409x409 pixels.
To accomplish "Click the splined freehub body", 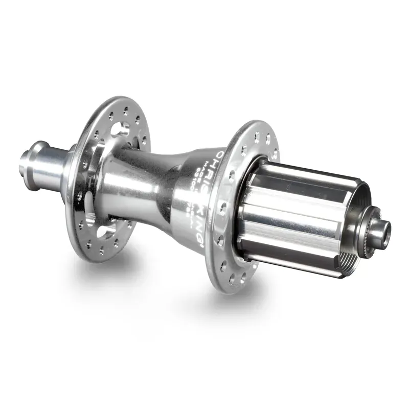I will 297,215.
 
